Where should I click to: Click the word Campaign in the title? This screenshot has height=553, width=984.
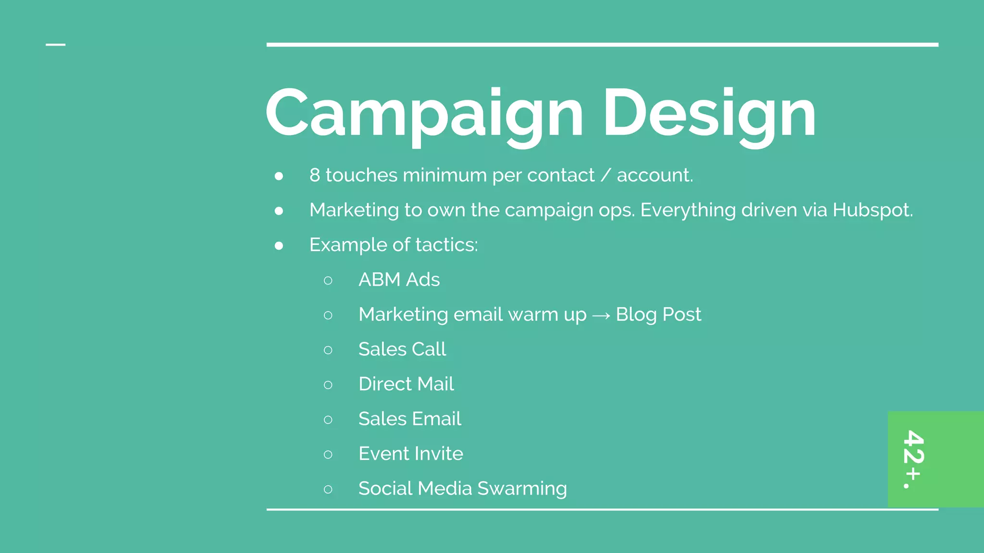tap(424, 114)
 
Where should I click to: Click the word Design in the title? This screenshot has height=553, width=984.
tap(709, 114)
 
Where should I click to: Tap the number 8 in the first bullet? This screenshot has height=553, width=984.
tap(315, 175)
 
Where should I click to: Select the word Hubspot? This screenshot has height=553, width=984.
tap(872, 210)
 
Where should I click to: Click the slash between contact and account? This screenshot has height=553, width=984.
tap(605, 176)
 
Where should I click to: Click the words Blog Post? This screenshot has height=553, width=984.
tap(658, 315)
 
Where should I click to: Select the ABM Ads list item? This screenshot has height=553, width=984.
tap(399, 280)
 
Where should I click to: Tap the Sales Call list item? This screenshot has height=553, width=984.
tap(402, 349)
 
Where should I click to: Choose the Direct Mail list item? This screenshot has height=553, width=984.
tap(406, 384)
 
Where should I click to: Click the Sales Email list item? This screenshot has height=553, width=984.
tap(409, 419)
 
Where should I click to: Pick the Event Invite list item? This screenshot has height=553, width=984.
tap(411, 454)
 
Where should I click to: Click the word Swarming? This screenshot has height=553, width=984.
tap(522, 489)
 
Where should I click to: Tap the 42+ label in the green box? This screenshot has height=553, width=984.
tap(913, 458)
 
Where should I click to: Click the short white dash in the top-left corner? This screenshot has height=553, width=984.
tap(55, 45)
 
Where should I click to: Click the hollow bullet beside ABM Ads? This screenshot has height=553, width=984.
tap(328, 280)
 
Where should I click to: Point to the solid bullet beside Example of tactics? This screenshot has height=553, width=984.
tap(279, 246)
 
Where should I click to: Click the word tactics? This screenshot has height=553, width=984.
tap(446, 245)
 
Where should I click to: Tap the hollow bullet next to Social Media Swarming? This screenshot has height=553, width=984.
tap(328, 490)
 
